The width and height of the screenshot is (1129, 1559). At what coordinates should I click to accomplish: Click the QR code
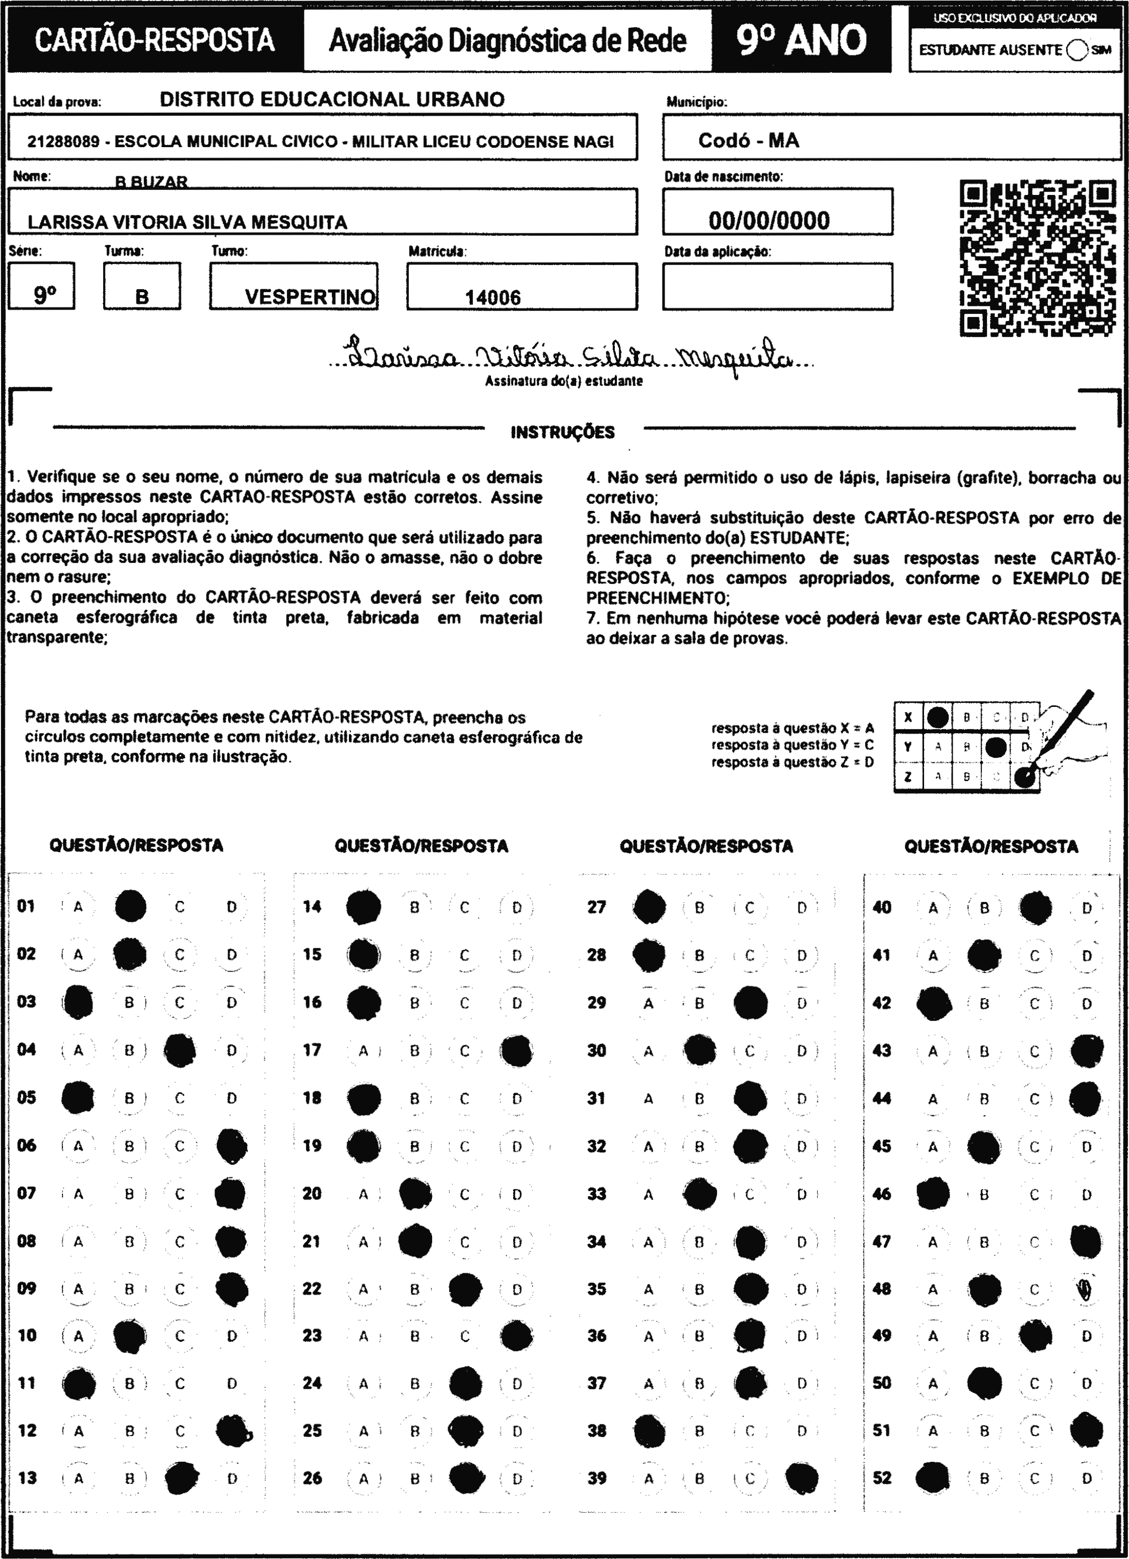click(x=1037, y=258)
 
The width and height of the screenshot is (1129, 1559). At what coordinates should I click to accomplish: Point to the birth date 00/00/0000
click(x=769, y=221)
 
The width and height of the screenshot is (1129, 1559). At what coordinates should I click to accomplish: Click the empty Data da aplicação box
click(x=777, y=287)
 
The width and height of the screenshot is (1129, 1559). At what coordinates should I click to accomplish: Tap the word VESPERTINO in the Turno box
click(x=310, y=297)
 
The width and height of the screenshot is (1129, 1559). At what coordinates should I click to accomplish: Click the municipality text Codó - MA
click(x=748, y=141)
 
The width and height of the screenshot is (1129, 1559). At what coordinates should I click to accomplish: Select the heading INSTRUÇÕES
click(x=563, y=432)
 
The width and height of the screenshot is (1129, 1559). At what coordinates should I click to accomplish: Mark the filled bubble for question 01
click(x=130, y=905)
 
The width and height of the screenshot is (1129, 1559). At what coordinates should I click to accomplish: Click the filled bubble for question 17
click(x=517, y=1050)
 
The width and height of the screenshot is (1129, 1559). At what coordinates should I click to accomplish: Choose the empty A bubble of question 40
click(x=933, y=908)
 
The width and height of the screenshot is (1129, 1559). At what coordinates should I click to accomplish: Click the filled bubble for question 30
click(x=700, y=1050)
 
